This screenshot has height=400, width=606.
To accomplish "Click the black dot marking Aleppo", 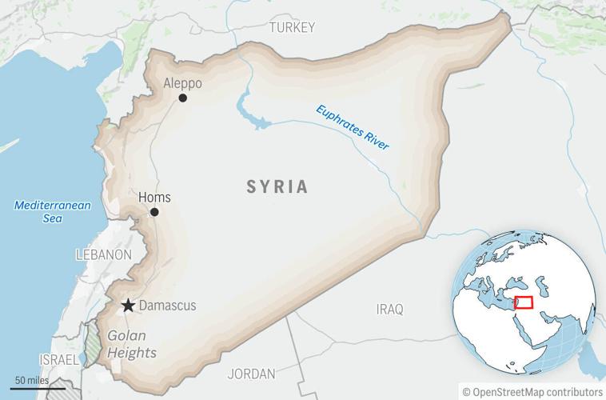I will [183, 98].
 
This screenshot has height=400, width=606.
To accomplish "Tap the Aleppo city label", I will [182, 83].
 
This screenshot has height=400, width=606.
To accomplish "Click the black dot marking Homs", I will [154, 212].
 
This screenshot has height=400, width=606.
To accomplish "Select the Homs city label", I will [154, 198].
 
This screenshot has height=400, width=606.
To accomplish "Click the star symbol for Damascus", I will [127, 306].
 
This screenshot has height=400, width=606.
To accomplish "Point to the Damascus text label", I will [167, 306].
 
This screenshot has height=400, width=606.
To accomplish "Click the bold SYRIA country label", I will [277, 187].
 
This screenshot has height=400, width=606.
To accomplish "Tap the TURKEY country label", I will [292, 27].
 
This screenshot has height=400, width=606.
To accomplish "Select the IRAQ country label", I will [391, 309].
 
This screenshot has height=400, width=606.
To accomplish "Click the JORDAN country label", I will [251, 374].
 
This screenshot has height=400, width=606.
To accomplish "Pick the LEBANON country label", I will [103, 254].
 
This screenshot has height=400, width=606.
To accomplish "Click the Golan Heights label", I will [132, 345].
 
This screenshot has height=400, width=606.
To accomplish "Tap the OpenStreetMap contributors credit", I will [532, 391].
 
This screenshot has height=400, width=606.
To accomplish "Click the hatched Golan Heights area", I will [94, 348].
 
